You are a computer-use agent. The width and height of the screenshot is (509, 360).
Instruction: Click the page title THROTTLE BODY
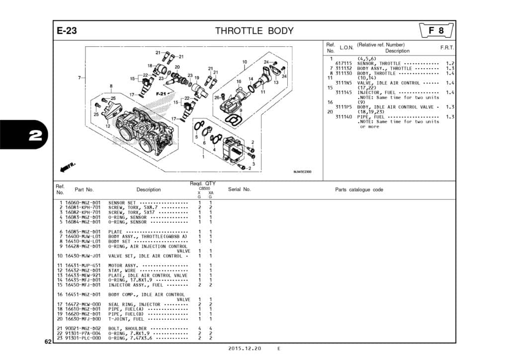click(x=254, y=31)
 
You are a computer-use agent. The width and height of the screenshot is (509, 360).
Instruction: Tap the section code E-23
click(x=66, y=31)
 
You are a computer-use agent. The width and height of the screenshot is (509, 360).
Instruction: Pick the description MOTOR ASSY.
click(x=123, y=266)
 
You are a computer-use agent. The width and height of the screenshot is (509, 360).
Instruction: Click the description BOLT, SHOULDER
click(x=127, y=329)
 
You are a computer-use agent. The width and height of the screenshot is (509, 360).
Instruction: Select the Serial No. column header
click(x=239, y=189)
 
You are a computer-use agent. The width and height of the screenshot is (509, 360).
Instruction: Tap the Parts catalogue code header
click(x=359, y=189)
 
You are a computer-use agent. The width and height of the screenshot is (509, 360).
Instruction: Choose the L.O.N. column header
click(x=346, y=48)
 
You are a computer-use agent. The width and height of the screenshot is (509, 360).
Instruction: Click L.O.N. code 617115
click(x=343, y=64)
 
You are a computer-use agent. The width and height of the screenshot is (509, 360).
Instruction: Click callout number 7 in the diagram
click(x=80, y=78)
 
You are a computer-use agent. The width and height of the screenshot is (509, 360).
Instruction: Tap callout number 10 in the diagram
click(x=245, y=62)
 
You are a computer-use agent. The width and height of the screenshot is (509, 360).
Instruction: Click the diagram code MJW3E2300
click(x=302, y=172)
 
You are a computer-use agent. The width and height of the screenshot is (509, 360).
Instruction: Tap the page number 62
click(x=47, y=342)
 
